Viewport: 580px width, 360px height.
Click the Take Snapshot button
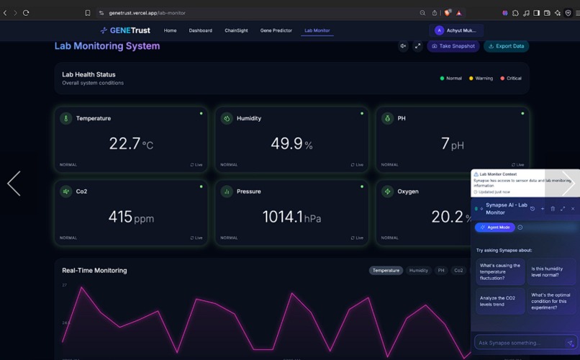point(453,46)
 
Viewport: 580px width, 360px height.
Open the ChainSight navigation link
point(236,31)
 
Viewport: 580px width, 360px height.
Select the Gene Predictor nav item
point(276,31)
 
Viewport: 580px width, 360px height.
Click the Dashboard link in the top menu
point(200,31)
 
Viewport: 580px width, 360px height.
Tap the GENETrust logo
point(125,30)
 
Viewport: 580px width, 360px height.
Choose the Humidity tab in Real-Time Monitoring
point(419,271)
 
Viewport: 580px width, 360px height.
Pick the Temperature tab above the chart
point(386,271)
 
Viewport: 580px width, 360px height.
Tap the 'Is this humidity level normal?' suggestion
point(551,272)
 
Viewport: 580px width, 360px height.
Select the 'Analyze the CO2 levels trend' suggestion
point(499,301)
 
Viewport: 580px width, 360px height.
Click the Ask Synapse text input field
point(518,343)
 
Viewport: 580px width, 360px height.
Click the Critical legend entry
point(512,78)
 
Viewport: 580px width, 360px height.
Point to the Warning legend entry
point(481,78)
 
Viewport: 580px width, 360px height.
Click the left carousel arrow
point(14,184)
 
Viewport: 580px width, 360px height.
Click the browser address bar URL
point(147,13)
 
